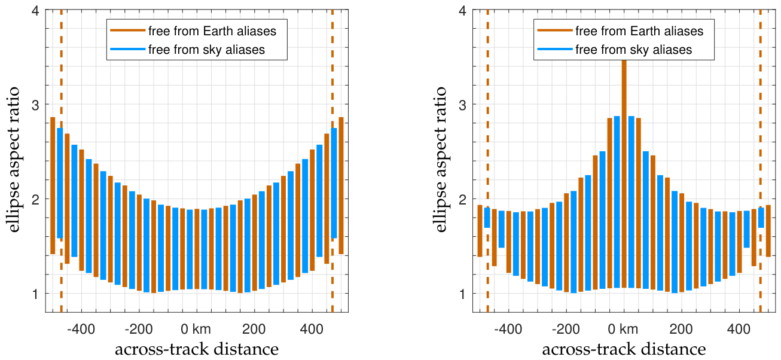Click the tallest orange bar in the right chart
624,174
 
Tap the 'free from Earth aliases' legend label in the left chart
212,31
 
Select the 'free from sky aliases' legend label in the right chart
633,50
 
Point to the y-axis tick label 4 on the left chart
35,11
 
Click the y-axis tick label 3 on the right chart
462,105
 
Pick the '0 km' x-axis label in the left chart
196,329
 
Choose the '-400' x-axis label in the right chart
508,329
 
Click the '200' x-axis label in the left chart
254,329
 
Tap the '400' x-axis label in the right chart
739,329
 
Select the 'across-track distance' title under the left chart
197,349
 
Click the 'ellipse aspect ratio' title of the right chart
441,160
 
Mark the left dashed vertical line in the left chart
62,161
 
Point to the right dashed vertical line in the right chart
761,161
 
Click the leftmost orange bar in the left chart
53,185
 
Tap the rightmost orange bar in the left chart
341,185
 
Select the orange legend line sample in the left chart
127,30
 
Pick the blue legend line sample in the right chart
555,49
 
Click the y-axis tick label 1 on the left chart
35,294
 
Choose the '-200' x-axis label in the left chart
138,329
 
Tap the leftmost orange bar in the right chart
480,231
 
